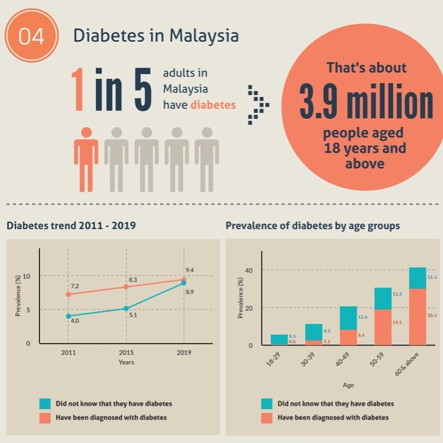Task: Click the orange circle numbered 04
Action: point(32,35)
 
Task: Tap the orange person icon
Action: point(86,160)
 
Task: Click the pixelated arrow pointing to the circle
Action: point(258,105)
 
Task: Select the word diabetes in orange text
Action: point(213,105)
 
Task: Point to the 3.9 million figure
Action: point(366,101)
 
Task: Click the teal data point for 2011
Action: point(68,316)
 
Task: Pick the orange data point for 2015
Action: point(126,287)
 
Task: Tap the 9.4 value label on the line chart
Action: point(190,270)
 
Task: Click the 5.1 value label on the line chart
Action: point(133,315)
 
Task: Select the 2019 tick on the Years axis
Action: point(184,352)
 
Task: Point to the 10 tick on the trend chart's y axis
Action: point(26,276)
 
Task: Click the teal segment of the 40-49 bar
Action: point(348,318)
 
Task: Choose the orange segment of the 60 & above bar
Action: point(417,317)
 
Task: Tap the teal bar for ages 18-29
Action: point(279,339)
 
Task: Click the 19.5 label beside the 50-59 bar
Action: point(397,322)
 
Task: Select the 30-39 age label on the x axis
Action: point(308,360)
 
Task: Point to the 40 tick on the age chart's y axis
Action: point(249,270)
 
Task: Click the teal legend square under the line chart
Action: point(45,404)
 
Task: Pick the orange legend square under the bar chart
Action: point(267,418)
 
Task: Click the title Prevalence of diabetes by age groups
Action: point(313,226)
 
